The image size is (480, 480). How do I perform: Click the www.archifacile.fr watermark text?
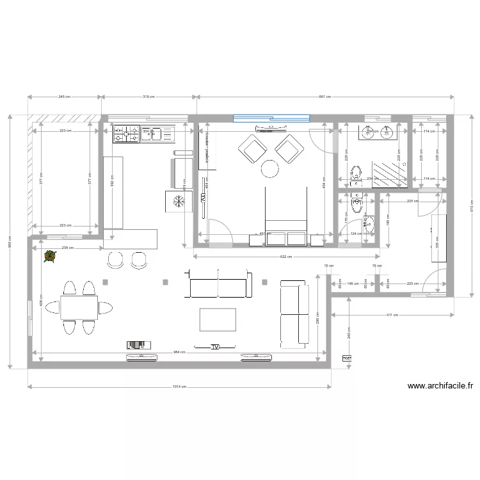click(440, 386)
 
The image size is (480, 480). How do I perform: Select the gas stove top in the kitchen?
click(127, 134)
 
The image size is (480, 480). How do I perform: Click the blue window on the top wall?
click(271, 118)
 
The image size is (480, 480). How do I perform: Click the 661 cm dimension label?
click(325, 97)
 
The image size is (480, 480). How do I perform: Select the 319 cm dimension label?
click(148, 97)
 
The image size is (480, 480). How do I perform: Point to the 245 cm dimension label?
click(64, 97)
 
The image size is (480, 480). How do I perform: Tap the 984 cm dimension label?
click(179, 352)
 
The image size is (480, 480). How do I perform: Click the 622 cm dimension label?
click(287, 257)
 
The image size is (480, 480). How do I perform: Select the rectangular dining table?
click(79, 308)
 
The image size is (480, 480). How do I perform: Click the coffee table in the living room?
click(217, 319)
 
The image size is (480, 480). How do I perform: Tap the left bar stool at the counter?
click(116, 259)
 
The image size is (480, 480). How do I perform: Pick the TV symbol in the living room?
click(216, 347)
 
